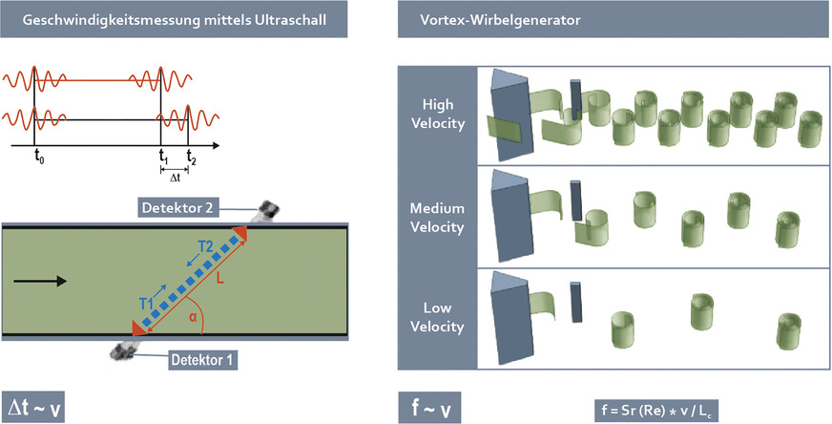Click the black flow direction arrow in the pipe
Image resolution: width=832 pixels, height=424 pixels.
coord(41,281)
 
